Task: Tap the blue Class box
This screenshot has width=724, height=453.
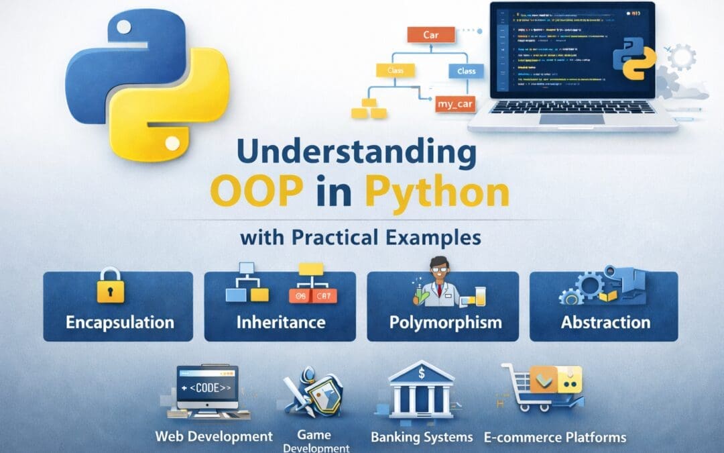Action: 466,71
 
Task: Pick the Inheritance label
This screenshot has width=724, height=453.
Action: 281,322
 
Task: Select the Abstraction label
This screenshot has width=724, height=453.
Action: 605,322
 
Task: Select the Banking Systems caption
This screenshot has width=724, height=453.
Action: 422,438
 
